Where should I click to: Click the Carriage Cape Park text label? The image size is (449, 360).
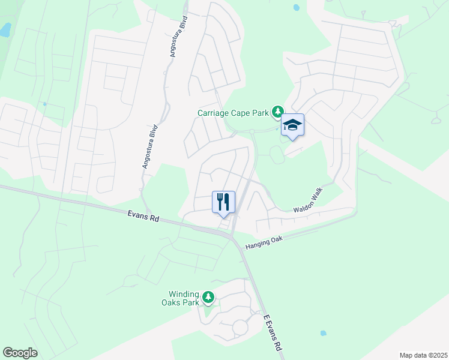coord(234,112)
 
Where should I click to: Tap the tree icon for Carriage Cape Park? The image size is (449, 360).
coord(278,112)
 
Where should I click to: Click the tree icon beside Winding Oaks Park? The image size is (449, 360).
coord(208,297)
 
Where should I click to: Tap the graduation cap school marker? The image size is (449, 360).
coord(292,125)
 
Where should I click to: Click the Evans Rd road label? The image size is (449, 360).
coord(143,215)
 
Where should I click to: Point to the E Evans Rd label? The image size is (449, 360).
coord(272,332)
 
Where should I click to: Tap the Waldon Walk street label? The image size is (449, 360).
coord(309,202)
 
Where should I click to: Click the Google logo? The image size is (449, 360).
coord(20,353)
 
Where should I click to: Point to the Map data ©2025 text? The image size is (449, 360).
coord(423,355)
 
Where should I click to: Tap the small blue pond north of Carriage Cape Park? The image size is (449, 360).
coord(296,8)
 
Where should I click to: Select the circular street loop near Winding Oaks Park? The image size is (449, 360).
coord(240,328)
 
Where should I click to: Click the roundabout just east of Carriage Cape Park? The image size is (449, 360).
coord(253,131)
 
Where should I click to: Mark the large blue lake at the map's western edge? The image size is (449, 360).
coord(5,29)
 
